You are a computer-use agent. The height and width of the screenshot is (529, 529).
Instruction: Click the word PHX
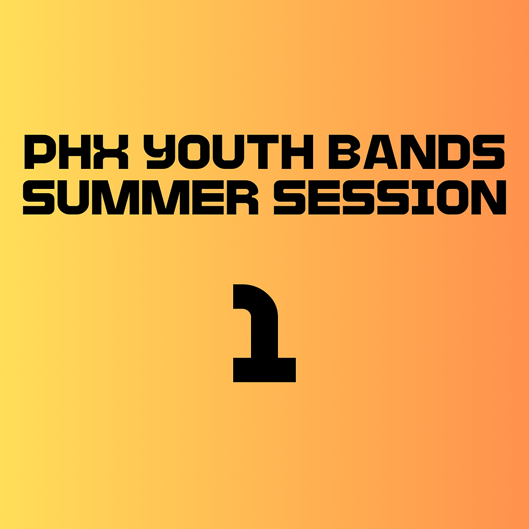76,152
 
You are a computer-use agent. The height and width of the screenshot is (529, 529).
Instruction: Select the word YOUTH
228,152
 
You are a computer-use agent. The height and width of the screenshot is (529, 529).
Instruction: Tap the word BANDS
417,152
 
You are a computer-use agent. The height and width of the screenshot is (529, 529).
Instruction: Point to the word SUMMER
141,198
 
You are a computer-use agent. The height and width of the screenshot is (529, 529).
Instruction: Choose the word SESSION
390,198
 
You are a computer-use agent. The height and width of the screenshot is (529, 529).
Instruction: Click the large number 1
264,333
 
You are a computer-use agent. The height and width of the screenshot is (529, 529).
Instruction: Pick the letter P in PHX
40,152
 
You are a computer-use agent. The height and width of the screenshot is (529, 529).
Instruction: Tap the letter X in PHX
111,152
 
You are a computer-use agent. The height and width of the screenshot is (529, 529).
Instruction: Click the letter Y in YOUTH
159,152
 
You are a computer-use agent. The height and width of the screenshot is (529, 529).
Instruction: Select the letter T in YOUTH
263,152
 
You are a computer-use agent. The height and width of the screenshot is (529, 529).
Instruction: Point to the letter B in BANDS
344,152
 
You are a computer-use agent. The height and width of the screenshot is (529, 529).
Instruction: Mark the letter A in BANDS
381,152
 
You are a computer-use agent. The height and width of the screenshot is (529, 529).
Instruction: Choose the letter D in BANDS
454,152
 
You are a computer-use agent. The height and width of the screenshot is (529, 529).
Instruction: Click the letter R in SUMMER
243,198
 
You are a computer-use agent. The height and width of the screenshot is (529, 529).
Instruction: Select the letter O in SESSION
452,198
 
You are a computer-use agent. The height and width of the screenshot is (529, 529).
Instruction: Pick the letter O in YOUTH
194,152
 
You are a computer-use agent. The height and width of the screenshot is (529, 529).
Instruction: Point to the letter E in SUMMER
208,198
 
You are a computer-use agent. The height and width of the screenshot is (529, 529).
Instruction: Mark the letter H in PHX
74,152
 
